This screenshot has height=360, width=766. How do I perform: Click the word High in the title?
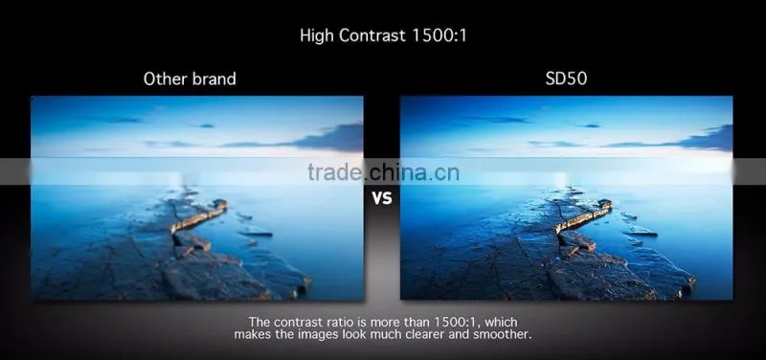[317, 35]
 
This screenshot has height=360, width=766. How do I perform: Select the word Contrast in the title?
[372, 35]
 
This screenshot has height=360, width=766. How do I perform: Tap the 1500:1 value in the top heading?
[439, 35]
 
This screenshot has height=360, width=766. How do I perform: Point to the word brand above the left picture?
[213, 79]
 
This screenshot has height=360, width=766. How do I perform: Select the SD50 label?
[566, 79]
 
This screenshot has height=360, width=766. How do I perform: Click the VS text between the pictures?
[382, 198]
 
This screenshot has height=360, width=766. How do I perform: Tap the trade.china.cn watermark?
[384, 172]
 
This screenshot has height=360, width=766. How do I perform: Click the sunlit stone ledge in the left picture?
[198, 215]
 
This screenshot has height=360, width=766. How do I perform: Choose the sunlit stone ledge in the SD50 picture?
[583, 215]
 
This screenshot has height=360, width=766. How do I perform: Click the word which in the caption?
[501, 323]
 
